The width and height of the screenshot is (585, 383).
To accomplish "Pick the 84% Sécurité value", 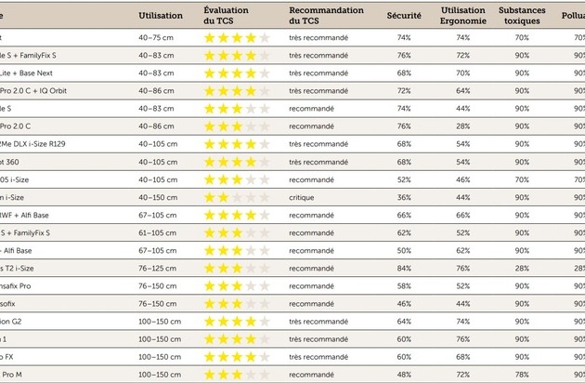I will point(404,268).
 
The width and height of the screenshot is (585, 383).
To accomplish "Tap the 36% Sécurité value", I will point(404,196).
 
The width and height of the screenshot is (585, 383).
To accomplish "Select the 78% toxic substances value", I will point(522,375).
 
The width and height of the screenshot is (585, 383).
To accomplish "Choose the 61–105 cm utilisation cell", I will point(157,232).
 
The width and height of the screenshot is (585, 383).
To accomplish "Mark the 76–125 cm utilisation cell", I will point(157,268).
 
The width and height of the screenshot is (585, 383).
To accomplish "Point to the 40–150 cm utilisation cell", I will point(157,196).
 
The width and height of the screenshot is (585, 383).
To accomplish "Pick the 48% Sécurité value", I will point(404,375).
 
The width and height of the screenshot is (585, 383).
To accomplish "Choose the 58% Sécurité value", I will point(404,285).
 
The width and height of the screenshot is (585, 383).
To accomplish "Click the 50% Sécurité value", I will point(404,250).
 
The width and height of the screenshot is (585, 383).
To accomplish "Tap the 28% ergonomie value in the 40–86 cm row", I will point(462,125).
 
